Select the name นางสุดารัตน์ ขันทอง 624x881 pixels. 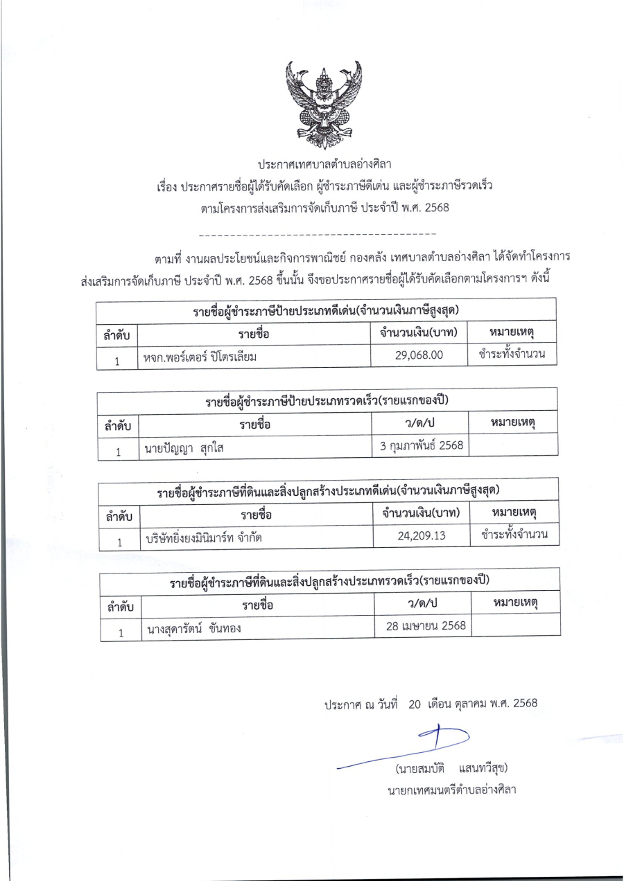click(x=194, y=629)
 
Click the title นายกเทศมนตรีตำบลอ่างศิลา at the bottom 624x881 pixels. click(x=452, y=790)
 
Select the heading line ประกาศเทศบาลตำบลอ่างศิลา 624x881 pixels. click(x=324, y=165)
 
